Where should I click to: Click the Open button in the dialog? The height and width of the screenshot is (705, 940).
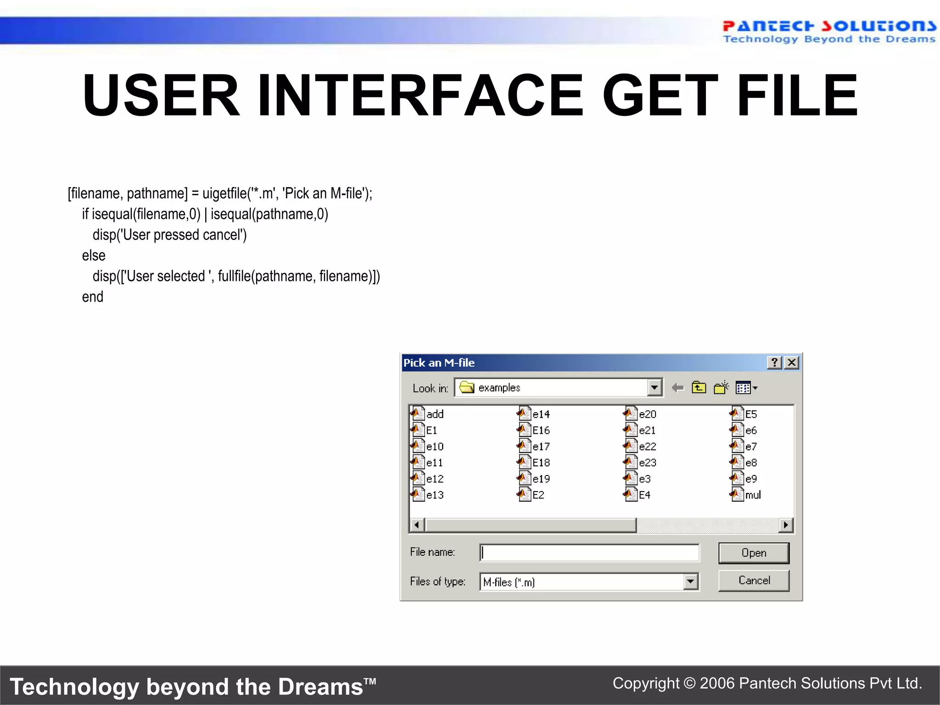754,553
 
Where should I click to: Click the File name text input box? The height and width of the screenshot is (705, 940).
589,553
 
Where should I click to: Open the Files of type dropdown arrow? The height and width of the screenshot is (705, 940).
690,582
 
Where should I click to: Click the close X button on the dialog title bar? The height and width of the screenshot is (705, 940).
792,363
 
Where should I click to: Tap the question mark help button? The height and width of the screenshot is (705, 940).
774,363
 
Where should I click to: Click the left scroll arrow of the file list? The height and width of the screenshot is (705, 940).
417,525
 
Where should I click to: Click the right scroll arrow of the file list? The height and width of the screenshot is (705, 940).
786,525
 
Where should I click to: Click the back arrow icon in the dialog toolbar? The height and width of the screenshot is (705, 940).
677,388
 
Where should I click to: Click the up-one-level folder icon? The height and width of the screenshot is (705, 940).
699,388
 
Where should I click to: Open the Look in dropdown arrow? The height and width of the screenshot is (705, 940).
655,387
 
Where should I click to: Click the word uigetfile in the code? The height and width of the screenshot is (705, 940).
224,193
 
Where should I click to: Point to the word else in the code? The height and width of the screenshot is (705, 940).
94,255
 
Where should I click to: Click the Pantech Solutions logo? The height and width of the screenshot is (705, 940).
828,31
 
